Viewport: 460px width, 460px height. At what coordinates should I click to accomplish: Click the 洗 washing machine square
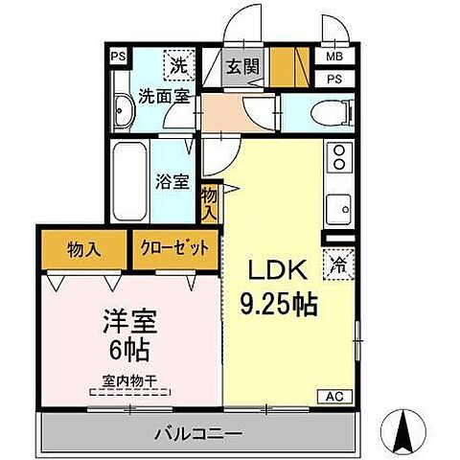[x=178, y=66]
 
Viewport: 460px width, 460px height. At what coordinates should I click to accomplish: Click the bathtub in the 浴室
[x=126, y=179]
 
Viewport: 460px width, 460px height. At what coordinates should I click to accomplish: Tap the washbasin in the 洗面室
[x=123, y=111]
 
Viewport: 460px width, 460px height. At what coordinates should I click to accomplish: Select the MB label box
[x=333, y=58]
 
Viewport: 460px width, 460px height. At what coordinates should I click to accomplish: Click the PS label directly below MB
[x=333, y=79]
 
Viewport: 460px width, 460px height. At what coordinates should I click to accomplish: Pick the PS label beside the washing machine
[x=117, y=57]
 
